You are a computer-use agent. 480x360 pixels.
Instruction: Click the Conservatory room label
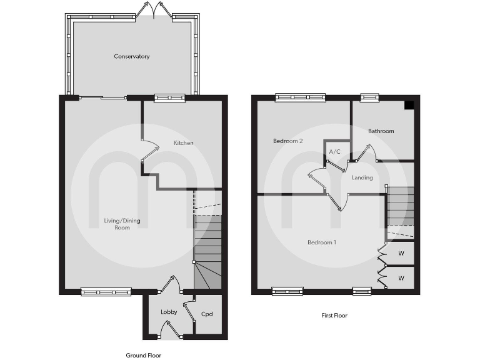click(x=132, y=57)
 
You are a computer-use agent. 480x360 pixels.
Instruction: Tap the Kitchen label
click(x=184, y=143)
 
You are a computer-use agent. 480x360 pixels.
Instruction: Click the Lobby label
click(x=169, y=312)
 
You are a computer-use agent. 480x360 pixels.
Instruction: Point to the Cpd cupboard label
click(x=207, y=313)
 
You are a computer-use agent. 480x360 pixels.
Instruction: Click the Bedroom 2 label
click(x=288, y=141)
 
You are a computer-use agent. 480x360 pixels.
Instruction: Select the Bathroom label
click(x=381, y=131)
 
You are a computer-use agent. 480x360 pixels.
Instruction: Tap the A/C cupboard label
click(x=334, y=152)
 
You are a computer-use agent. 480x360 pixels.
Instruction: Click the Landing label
click(x=362, y=177)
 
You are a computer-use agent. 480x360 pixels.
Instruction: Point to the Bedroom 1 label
click(x=322, y=242)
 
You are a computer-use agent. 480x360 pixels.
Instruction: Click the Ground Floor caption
click(x=144, y=355)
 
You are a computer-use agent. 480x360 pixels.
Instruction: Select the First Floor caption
click(x=330, y=316)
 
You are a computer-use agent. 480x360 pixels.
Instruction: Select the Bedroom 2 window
click(x=301, y=97)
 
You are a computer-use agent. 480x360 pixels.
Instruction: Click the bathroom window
click(x=369, y=97)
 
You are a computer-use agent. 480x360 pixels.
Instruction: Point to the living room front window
click(x=106, y=291)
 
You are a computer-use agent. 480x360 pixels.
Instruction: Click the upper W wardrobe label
click(x=401, y=254)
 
